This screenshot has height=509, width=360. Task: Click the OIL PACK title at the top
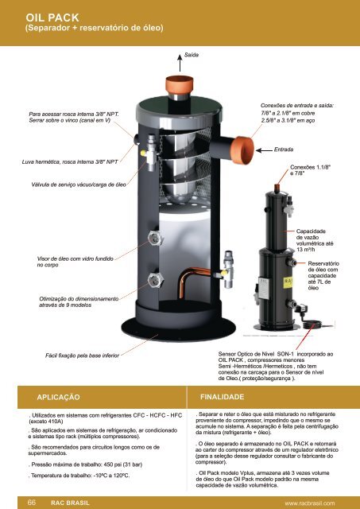pyautogui.click(x=52, y=17)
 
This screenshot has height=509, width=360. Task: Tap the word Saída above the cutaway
pyautogui.click(x=192, y=55)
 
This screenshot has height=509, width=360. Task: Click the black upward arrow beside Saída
pyautogui.click(x=180, y=63)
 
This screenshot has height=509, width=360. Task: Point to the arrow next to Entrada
pyautogui.click(x=264, y=150)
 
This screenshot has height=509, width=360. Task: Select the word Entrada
pyautogui.click(x=284, y=150)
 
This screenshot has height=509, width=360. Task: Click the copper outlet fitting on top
pyautogui.click(x=180, y=85)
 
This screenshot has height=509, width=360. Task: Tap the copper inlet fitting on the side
pyautogui.click(x=243, y=150)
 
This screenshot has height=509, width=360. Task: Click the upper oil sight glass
pyautogui.click(x=155, y=238)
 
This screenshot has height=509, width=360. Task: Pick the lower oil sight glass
pyautogui.click(x=155, y=280)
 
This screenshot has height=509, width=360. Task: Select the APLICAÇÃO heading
pyautogui.click(x=58, y=398)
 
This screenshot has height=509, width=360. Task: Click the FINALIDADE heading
pyautogui.click(x=223, y=397)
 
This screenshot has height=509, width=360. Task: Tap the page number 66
pyautogui.click(x=32, y=503)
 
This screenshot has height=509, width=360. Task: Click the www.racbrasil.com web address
pyautogui.click(x=310, y=503)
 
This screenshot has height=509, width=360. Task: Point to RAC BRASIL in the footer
pyautogui.click(x=70, y=503)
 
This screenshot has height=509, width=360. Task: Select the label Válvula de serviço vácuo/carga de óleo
pyautogui.click(x=79, y=185)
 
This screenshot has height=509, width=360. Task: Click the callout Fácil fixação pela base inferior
pyautogui.click(x=83, y=356)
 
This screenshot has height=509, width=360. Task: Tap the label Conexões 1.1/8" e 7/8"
pyautogui.click(x=310, y=170)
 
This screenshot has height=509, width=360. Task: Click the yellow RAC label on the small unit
pyautogui.click(x=288, y=282)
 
